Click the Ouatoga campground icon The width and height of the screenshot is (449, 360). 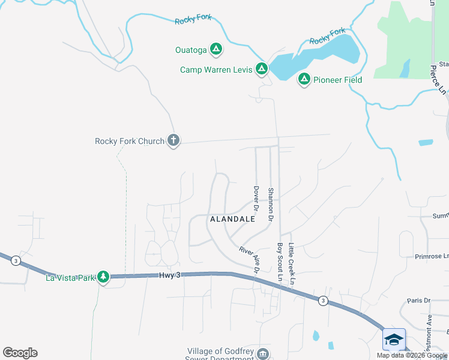point(216,49)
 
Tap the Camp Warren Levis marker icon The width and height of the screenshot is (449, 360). point(262,69)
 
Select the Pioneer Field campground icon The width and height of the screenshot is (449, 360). point(304,79)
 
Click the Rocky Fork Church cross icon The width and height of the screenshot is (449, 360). point(173,141)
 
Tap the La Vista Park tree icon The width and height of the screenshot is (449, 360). point(104,277)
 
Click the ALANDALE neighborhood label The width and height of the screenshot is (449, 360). point(232,220)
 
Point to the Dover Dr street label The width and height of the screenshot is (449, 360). point(256,201)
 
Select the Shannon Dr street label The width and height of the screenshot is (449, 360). point(271,203)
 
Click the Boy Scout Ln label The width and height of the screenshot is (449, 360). point(280,262)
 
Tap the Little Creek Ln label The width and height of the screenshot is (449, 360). point(292,264)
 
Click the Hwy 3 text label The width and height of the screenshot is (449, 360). point(170,275)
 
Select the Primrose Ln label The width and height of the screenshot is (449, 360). point(432,256)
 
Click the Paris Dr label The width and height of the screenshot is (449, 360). point(419,301)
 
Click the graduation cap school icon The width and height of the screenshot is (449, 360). point(394,340)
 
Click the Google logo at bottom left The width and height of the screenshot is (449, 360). point(20,353)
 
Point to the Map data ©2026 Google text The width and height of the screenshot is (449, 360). point(412,355)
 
